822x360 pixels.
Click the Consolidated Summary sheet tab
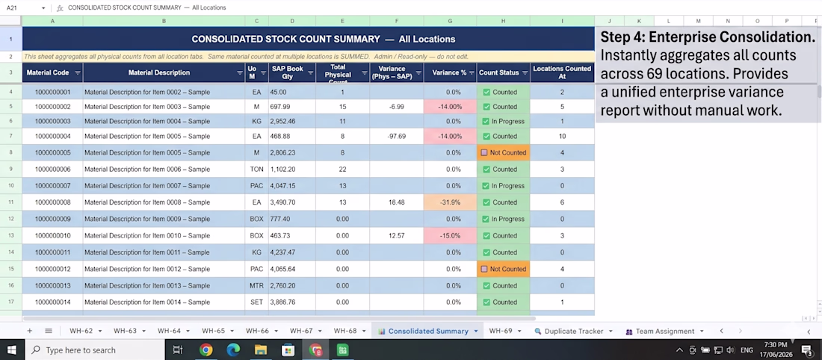click(x=427, y=331)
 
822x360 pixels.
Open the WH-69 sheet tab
click(x=504, y=331)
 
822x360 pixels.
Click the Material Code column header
click(x=52, y=73)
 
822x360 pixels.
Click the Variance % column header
click(x=451, y=73)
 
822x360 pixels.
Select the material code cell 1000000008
click(x=52, y=202)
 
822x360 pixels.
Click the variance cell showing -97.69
click(x=397, y=136)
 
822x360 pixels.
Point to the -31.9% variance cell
click(x=451, y=202)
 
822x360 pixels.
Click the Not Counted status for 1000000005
click(x=503, y=153)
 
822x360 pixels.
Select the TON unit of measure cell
click(x=256, y=170)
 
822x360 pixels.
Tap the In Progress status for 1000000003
click(x=503, y=121)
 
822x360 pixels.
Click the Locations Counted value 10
click(x=562, y=136)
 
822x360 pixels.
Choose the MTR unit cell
click(x=256, y=285)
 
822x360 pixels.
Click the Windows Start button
click(x=11, y=350)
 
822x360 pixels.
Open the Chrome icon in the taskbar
click(x=206, y=350)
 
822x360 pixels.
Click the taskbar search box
click(x=94, y=350)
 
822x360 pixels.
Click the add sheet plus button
click(x=29, y=331)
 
